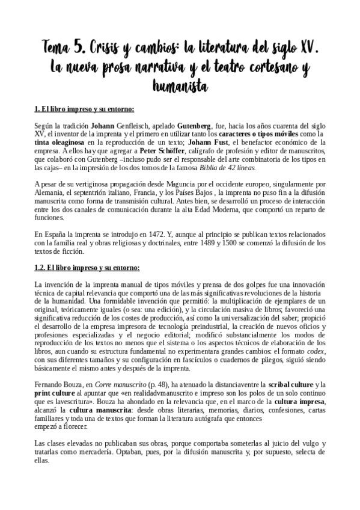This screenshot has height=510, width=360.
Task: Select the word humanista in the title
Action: point(180,87)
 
